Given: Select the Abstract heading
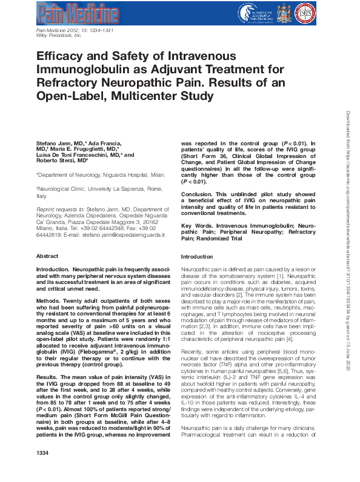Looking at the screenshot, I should [x=47, y=256].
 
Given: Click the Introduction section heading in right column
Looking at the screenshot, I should [x=197, y=257].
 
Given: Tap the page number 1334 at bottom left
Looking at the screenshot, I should [x=42, y=470].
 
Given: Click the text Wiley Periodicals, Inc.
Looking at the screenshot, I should [x=59, y=36].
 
